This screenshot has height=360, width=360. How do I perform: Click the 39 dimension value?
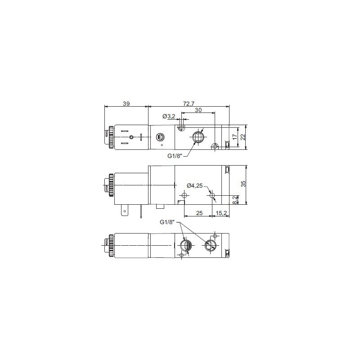coord(126,103)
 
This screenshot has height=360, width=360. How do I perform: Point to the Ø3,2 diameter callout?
coord(169,117)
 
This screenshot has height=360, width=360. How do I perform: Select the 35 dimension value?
coord(243,184)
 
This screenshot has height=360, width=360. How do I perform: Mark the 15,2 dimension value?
coord(220,213)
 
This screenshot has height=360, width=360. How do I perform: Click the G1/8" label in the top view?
coord(175,156)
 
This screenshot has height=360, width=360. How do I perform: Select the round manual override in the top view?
coord(160,137)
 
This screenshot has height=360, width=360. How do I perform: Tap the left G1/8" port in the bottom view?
coord(185,245)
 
